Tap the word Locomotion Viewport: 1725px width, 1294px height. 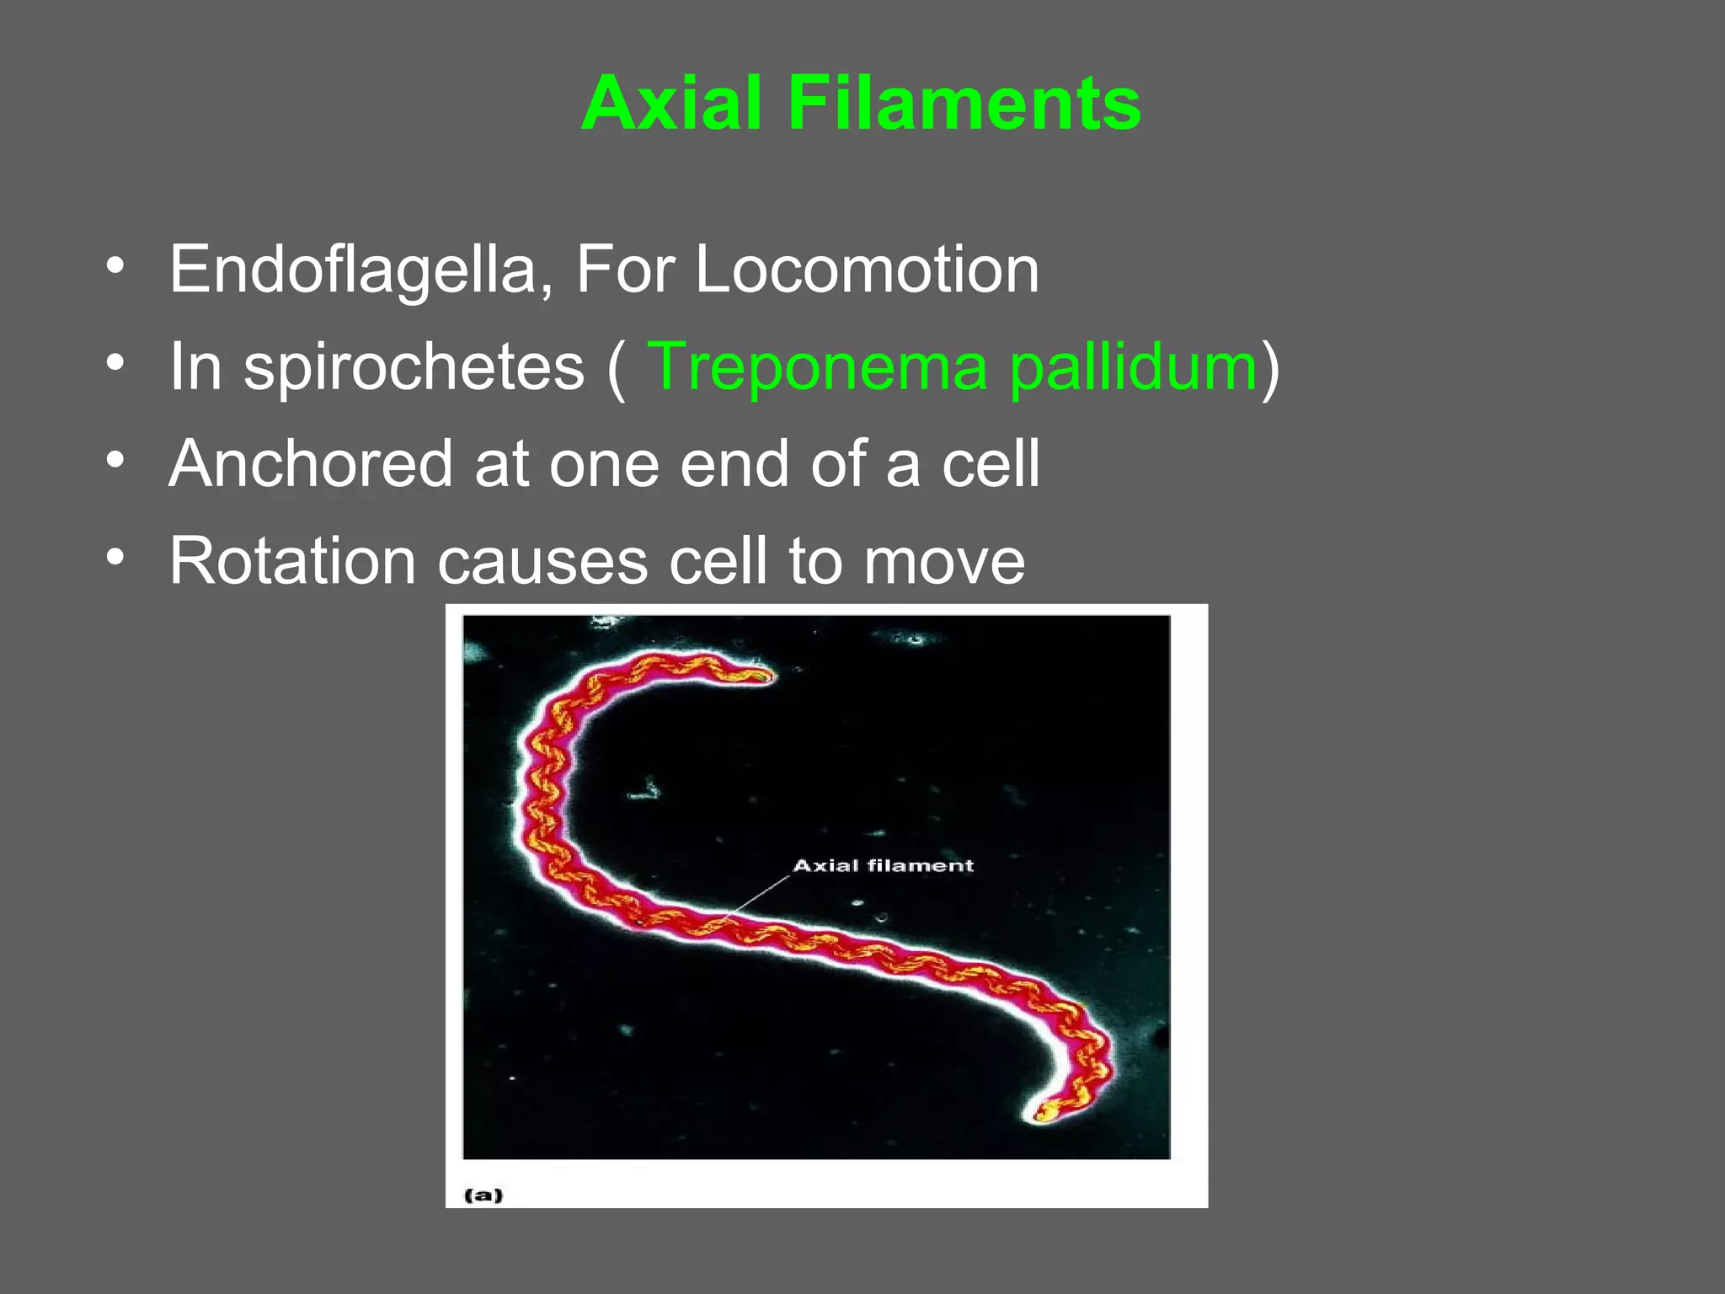coord(867,270)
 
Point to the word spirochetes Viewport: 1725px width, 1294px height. coord(414,367)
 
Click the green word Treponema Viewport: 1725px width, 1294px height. coord(816,367)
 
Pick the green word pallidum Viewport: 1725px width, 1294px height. coord(1132,367)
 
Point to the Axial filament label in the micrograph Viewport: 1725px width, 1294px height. coord(883,865)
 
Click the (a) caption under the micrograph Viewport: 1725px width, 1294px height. coord(483,1195)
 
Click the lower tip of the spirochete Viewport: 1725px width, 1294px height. coord(1042,1115)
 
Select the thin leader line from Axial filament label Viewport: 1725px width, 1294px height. coord(758,896)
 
